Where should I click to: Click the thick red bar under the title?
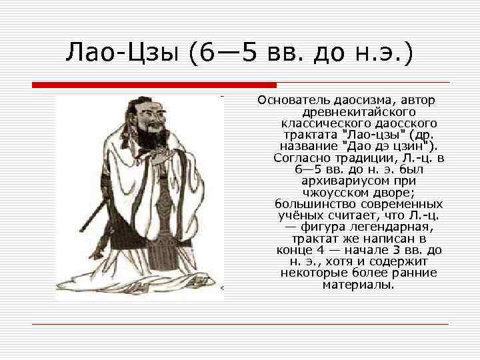point(154,85)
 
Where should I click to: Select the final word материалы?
point(359,284)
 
